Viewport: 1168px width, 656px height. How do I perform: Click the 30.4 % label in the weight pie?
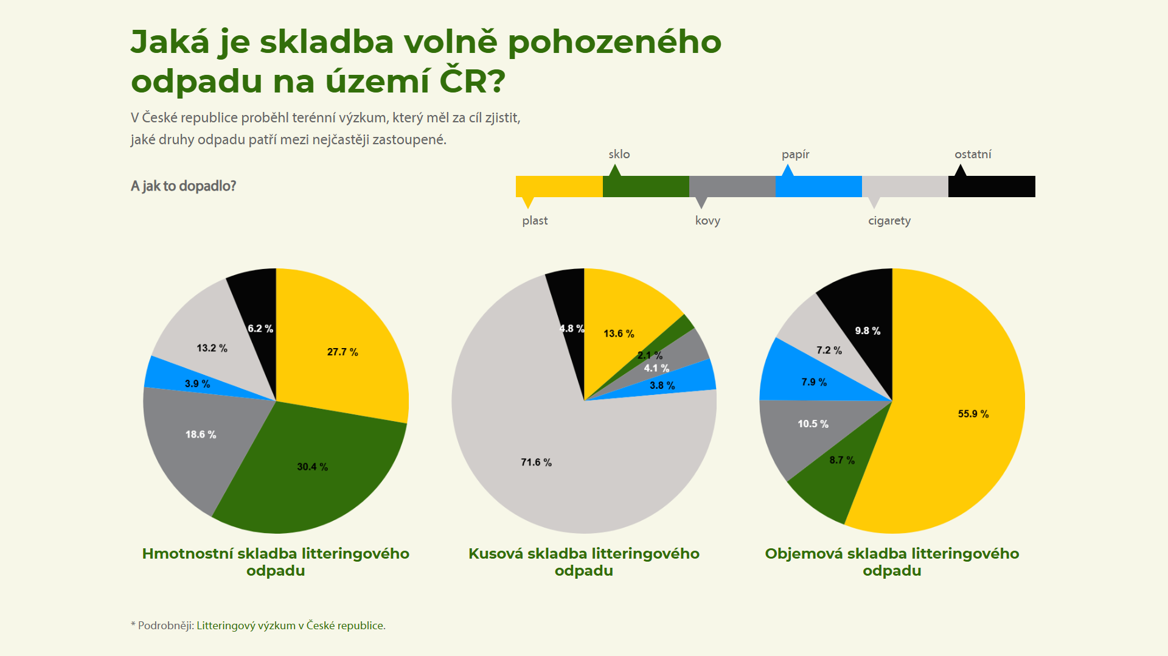pyautogui.click(x=312, y=467)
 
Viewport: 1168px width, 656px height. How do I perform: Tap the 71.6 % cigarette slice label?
pyautogui.click(x=536, y=462)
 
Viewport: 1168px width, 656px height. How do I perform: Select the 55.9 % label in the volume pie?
pyautogui.click(x=973, y=414)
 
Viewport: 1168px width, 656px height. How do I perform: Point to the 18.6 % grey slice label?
pyautogui.click(x=201, y=434)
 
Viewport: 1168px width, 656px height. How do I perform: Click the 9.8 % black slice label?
pyautogui.click(x=867, y=331)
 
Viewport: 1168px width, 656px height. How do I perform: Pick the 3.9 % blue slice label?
pyautogui.click(x=197, y=384)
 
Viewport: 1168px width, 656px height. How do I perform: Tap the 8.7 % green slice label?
pyautogui.click(x=842, y=460)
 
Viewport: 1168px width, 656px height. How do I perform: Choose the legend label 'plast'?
pyautogui.click(x=535, y=220)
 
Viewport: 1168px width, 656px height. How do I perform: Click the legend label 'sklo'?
pyautogui.click(x=619, y=155)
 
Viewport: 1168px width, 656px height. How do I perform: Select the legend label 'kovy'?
pyautogui.click(x=707, y=220)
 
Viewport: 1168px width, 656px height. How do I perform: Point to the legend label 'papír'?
pyautogui.click(x=795, y=155)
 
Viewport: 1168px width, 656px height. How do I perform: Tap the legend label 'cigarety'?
pyautogui.click(x=889, y=220)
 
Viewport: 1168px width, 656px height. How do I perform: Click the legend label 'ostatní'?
pyautogui.click(x=973, y=155)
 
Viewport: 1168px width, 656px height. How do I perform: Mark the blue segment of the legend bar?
pyautogui.click(x=818, y=186)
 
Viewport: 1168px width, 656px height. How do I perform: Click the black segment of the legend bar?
pyautogui.click(x=992, y=186)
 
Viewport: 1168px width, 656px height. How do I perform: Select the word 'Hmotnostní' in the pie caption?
pyautogui.click(x=187, y=554)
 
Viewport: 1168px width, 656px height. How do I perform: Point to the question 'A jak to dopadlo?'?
pyautogui.click(x=183, y=186)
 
